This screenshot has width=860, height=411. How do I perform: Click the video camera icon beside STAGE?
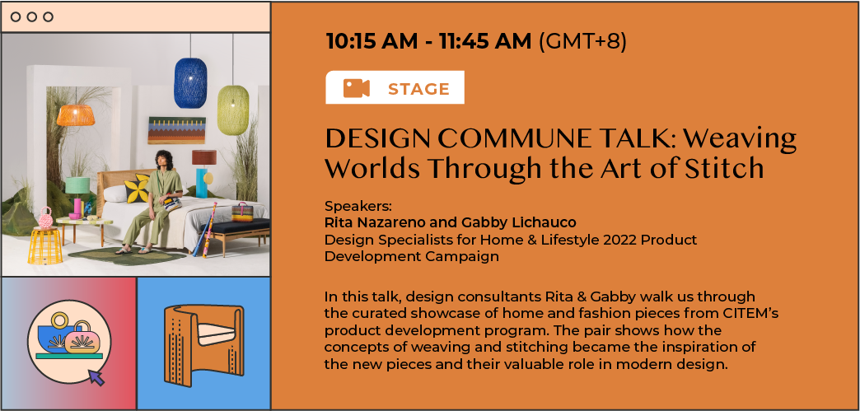(357, 88)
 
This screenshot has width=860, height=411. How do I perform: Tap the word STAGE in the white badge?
(418, 89)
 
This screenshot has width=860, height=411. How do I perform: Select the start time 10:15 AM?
(372, 42)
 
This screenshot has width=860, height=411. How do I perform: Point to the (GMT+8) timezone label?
(582, 42)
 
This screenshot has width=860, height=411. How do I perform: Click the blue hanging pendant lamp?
(190, 82)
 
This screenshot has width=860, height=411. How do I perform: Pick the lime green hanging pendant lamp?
(233, 110)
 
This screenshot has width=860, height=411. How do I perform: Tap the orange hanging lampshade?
(76, 115)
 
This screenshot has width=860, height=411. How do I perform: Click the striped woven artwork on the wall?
(176, 130)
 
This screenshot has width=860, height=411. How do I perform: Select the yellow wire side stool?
(46, 245)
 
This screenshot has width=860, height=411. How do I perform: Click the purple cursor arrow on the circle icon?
(96, 377)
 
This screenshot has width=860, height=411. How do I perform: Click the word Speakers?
(358, 207)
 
